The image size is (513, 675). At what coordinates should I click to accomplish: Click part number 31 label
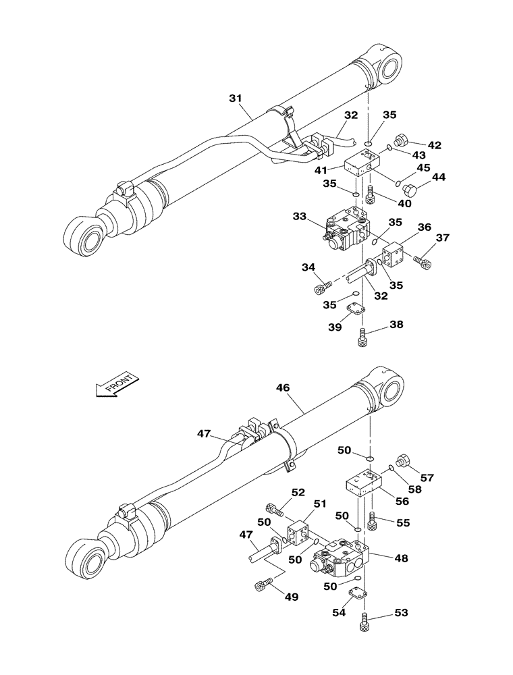click(x=235, y=99)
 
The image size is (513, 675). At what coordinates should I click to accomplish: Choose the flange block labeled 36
click(x=392, y=256)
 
